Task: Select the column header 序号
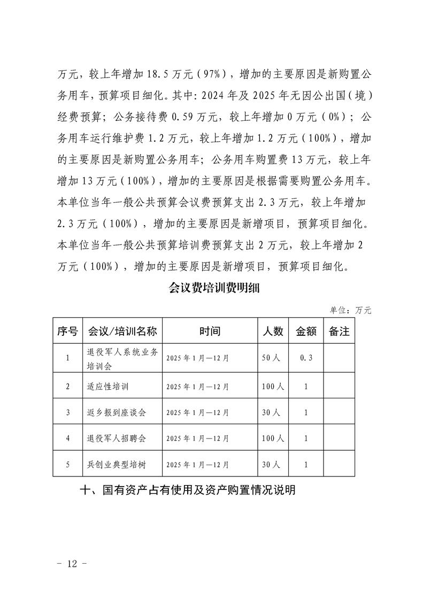pyautogui.click(x=68, y=331)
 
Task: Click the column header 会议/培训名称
pyautogui.click(x=122, y=331)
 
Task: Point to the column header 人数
pyautogui.click(x=272, y=331)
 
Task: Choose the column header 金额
pyautogui.click(x=306, y=331)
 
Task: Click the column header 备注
pyautogui.click(x=339, y=331)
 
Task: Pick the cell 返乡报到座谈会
pyautogui.click(x=116, y=412)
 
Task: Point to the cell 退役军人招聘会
pyautogui.click(x=116, y=439)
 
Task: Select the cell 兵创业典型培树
pyautogui.click(x=116, y=465)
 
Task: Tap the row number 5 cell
pyautogui.click(x=68, y=465)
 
